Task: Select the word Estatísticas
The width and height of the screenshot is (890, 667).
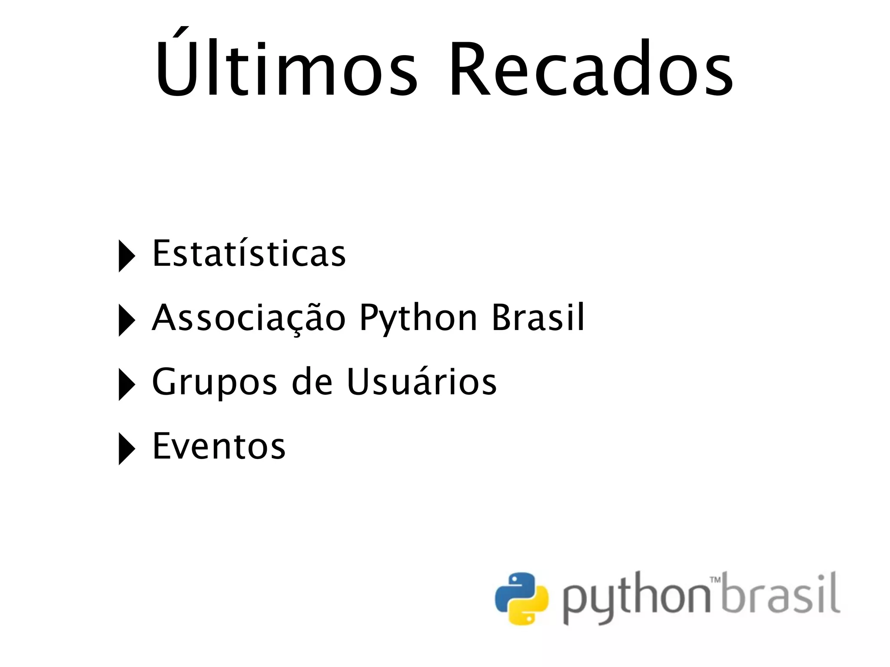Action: point(249,253)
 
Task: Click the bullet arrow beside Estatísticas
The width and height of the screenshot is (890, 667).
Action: point(126,257)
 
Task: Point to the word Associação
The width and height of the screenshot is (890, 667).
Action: point(249,318)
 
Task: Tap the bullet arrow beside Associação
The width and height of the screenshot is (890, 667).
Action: point(126,321)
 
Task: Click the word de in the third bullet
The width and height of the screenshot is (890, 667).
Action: point(312,382)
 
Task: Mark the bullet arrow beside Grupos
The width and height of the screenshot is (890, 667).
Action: point(126,385)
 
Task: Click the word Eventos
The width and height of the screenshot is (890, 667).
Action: point(219,446)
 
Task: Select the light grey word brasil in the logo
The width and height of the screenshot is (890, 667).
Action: point(780,594)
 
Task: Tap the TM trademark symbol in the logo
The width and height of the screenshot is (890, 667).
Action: point(715,580)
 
